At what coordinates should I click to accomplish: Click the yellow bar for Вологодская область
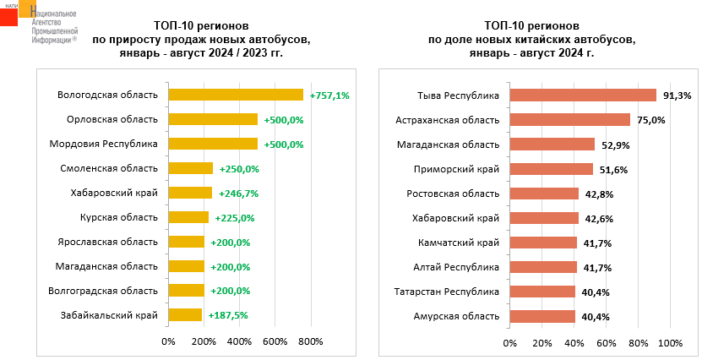tap(236, 95)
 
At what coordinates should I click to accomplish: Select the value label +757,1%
tap(329, 95)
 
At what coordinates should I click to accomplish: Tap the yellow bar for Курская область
tap(188, 217)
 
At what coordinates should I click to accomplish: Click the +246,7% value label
tap(238, 194)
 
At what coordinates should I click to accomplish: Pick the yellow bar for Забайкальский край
tap(185, 315)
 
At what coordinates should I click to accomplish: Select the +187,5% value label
tap(227, 315)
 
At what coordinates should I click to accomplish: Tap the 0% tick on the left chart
tap(168, 342)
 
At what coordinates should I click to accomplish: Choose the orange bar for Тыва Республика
tap(583, 95)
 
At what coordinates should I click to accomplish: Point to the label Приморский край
tap(459, 169)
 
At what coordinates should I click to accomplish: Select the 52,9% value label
tap(615, 145)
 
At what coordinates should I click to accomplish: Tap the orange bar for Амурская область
tap(541, 316)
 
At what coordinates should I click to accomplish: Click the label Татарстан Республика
tap(447, 292)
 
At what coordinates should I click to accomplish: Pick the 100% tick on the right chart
tap(670, 343)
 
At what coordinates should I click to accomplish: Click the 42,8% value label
tap(599, 194)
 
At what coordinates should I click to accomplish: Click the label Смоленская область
tap(109, 168)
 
